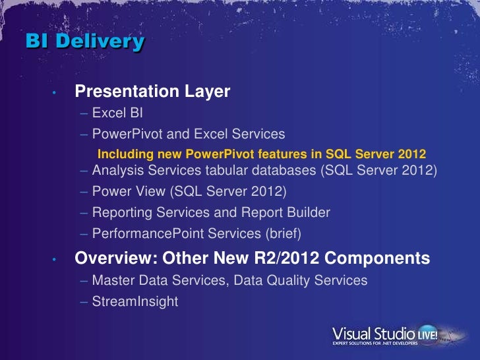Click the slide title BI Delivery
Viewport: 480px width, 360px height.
tap(85, 42)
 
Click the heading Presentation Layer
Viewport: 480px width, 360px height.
tap(152, 91)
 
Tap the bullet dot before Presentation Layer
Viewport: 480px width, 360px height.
tap(57, 92)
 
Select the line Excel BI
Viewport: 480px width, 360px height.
tap(113, 113)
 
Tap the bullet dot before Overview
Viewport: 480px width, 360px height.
tap(57, 259)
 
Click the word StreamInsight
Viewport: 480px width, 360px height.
tap(135, 301)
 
